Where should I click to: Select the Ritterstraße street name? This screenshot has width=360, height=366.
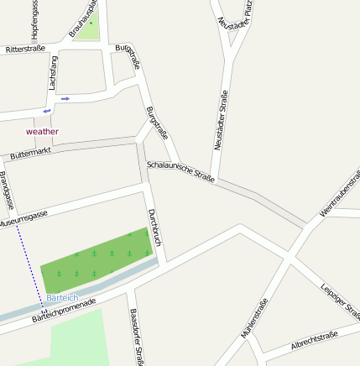click(x=25, y=50)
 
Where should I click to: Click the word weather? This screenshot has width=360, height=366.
click(x=43, y=131)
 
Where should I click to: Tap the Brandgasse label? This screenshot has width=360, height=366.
click(x=8, y=191)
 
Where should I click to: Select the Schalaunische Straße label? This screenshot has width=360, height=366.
click(x=180, y=171)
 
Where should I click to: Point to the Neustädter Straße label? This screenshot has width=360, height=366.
click(x=221, y=120)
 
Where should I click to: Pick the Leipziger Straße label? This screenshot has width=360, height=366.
click(x=340, y=300)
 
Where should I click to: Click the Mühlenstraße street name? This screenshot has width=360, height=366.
click(x=254, y=318)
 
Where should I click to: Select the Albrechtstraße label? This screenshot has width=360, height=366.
click(x=314, y=340)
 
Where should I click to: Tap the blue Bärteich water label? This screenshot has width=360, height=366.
click(x=62, y=298)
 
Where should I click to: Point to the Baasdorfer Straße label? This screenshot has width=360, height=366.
click(x=138, y=336)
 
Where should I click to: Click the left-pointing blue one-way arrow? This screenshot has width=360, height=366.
click(x=47, y=110)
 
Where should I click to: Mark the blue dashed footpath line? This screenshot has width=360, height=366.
click(x=30, y=260)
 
